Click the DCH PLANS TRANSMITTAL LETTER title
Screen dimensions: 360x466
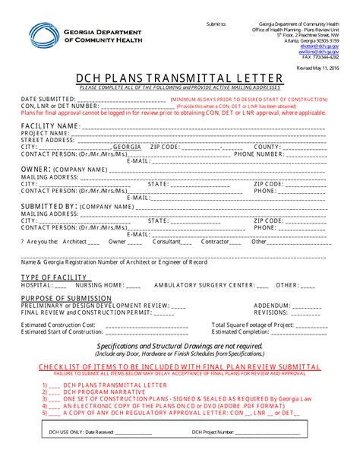click(x=179, y=78)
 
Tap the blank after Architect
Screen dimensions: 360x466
click(x=94, y=242)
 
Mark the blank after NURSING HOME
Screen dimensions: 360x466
click(x=134, y=286)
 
